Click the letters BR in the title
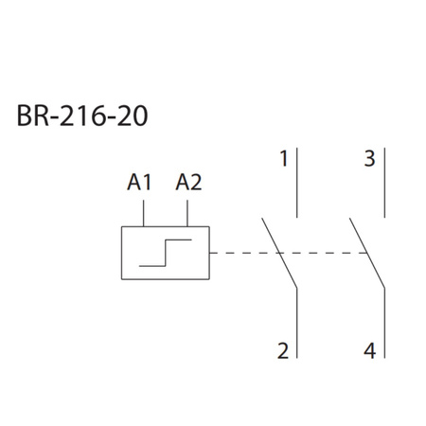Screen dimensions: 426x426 click(32, 120)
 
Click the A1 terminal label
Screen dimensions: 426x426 click(139, 183)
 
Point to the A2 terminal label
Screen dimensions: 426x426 click(188, 183)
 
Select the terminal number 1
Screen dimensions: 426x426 click(282, 159)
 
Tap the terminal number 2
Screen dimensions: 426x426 click(282, 351)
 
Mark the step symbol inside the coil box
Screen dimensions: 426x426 click(166, 254)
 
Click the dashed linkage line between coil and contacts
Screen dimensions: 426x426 click(241, 254)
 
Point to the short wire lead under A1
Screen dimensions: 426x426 click(143, 213)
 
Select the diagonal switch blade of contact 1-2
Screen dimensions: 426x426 click(279, 253)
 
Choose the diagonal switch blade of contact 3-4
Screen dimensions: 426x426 click(366, 253)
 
